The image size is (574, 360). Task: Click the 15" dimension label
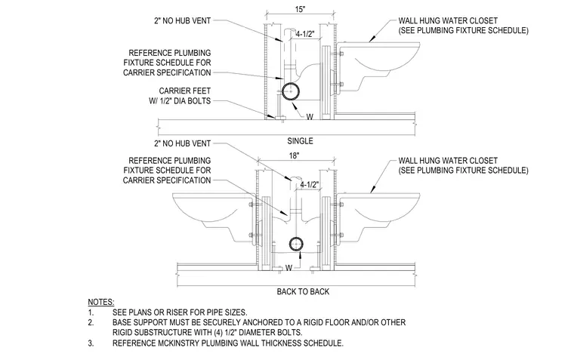pos(300,9)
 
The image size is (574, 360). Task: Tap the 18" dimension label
pos(295,155)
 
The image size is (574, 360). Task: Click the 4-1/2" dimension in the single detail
pos(305,34)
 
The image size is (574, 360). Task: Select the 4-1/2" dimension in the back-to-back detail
pos(310,185)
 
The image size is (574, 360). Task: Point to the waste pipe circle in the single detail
pos(291,91)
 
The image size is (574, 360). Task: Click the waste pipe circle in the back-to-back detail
pos(296,244)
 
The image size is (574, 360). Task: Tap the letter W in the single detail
pos(310,117)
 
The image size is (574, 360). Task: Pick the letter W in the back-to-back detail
pos(289,268)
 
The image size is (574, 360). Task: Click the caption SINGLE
pos(300,141)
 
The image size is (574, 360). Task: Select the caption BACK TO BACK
pos(303,291)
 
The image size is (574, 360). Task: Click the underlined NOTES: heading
pos(101,302)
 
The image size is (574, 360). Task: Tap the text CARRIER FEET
pos(185,91)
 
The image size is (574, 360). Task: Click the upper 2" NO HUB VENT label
pos(182,21)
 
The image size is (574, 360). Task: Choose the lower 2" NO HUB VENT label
pos(182,143)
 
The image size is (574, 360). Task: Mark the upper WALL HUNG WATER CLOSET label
pos(448,21)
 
